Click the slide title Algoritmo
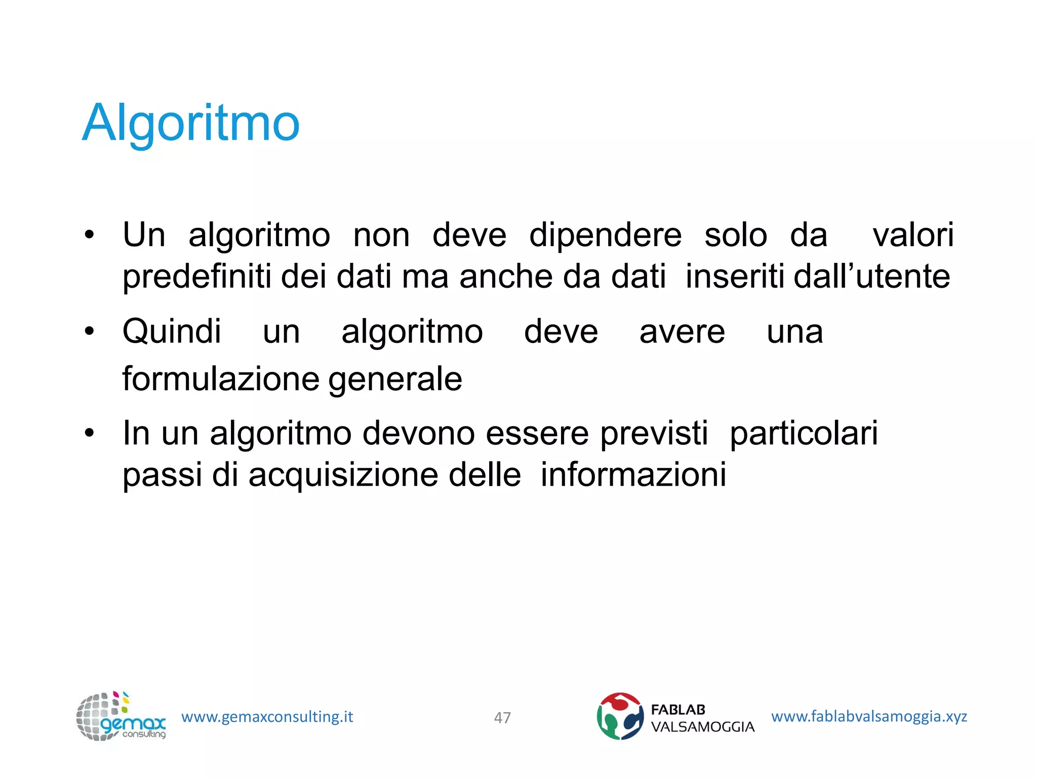(x=191, y=123)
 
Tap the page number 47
(x=502, y=717)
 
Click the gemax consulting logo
(x=121, y=716)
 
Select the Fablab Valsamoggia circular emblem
(x=620, y=716)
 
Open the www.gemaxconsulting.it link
(x=267, y=717)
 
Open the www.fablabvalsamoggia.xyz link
(x=869, y=716)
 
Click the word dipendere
(x=605, y=236)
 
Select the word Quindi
(x=172, y=332)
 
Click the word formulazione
(x=221, y=379)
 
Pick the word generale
(x=395, y=379)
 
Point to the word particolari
(x=804, y=434)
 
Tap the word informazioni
(x=633, y=475)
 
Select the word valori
(x=913, y=235)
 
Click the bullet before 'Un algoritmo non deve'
(x=90, y=236)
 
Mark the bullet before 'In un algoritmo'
(x=90, y=434)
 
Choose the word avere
(x=682, y=332)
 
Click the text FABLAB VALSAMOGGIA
(x=702, y=718)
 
